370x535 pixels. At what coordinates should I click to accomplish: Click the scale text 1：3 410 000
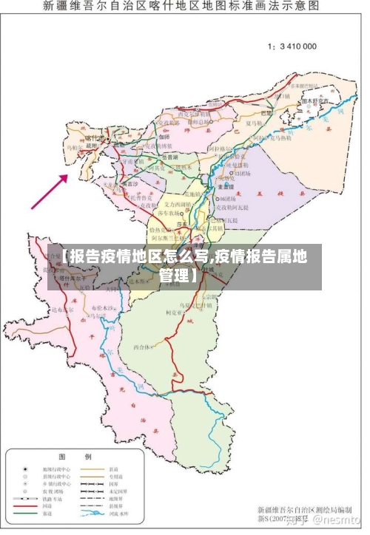pyautogui.click(x=292, y=46)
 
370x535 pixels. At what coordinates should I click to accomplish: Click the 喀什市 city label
pyautogui.click(x=95, y=137)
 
